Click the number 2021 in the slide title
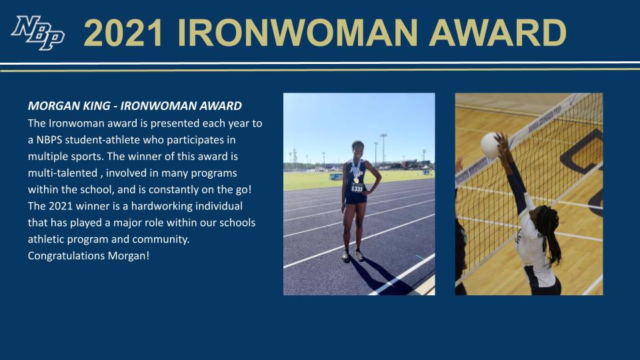coord(123,33)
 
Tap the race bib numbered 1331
coord(357,189)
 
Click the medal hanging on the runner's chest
coord(356,178)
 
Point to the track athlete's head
coord(355,149)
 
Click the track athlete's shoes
coord(351,255)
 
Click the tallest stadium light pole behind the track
coord(383,148)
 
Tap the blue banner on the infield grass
coord(335,177)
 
